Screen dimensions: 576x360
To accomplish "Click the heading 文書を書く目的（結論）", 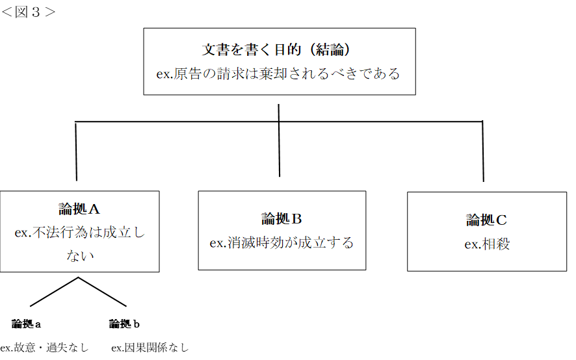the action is tap(279, 50).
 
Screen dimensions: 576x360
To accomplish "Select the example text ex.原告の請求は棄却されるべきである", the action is tap(278, 73).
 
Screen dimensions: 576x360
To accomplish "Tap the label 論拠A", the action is tap(79, 209).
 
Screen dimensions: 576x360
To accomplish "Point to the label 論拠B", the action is tap(281, 218).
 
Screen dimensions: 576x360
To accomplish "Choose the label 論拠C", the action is tap(486, 220).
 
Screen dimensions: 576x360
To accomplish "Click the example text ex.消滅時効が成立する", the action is tap(281, 243).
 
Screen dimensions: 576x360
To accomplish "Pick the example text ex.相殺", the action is tap(486, 244).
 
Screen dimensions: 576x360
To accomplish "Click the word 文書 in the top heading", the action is tap(215, 50).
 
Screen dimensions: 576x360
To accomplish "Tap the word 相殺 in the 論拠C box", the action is tap(496, 244).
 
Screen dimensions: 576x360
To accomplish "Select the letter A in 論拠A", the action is tap(94, 209).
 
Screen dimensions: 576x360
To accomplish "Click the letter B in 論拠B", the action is tap(297, 218).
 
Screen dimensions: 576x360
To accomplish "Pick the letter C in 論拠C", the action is tap(501, 220).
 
